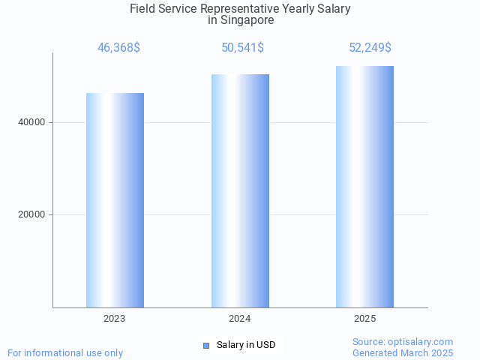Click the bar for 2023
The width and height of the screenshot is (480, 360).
coord(115,200)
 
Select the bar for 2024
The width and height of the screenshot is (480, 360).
coord(240,190)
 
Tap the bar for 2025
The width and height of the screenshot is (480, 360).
coord(364,187)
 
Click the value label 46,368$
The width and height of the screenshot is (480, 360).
coord(118,48)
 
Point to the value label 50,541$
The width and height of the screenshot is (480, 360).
coord(242,48)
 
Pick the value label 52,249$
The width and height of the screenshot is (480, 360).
coord(370,48)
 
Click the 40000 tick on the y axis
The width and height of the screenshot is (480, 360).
coord(31,122)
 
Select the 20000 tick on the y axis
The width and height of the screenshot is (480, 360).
coord(31,215)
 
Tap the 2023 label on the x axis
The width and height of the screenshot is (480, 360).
coord(115,319)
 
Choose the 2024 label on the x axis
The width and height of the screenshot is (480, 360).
coord(240,319)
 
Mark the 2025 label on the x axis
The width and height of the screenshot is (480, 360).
coord(364,319)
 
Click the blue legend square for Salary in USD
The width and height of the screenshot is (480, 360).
coord(206,346)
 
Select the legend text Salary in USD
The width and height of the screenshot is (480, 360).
coord(246,345)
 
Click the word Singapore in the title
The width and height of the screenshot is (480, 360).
coord(247,20)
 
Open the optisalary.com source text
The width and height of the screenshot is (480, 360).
coord(403,342)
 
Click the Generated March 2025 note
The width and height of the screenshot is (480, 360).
coord(403,352)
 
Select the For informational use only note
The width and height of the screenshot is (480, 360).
coord(65,352)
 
